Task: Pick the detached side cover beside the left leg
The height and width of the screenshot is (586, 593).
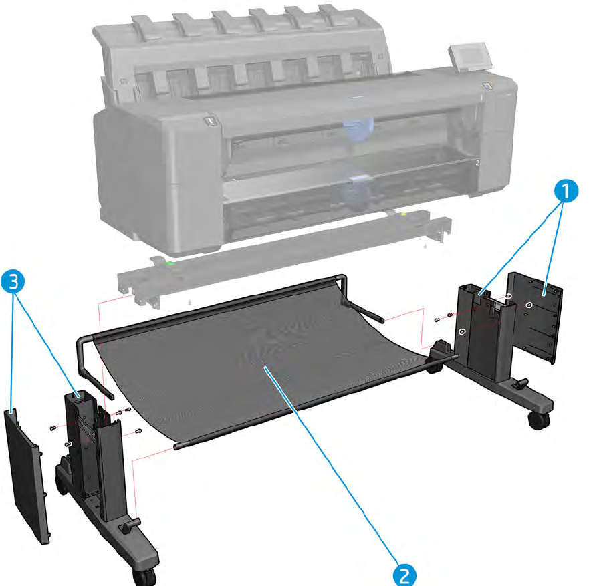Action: tap(26, 474)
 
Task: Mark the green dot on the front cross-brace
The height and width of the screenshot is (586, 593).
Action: tap(170, 264)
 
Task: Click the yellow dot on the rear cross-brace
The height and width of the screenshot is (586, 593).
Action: tap(404, 216)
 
